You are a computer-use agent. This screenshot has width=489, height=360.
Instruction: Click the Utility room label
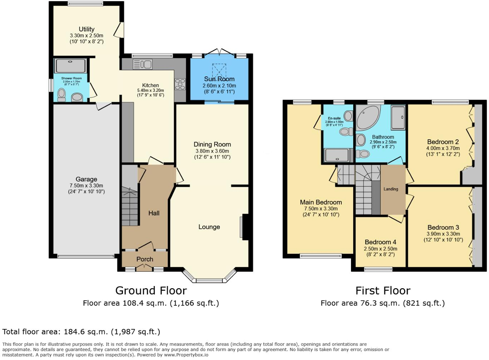tap(87, 29)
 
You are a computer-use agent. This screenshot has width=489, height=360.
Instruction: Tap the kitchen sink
tap(143, 64)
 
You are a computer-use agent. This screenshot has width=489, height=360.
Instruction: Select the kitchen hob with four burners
tap(180, 84)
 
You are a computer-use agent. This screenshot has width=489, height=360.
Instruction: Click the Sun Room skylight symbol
tap(219, 69)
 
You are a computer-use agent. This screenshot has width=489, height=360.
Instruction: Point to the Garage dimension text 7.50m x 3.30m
tap(87, 186)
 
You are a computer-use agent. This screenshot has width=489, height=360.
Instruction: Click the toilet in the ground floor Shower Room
tap(62, 94)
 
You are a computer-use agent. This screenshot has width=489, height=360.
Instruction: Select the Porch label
tap(145, 259)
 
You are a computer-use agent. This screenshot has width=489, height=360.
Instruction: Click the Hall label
tap(154, 213)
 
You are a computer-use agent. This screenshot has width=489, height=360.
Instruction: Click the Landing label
tap(391, 189)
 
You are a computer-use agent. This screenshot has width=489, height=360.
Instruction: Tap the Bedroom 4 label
tap(380, 242)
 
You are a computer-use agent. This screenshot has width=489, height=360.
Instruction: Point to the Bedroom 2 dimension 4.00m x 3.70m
tap(443, 148)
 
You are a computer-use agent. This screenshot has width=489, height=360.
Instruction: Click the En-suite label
tap(334, 118)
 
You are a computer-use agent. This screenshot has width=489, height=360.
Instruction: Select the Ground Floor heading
tap(151, 291)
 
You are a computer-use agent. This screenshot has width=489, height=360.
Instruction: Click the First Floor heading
tap(383, 291)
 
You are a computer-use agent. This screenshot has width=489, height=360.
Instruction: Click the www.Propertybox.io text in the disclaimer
tap(186, 355)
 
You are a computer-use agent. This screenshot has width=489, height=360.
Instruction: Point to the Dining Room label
tap(212, 144)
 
